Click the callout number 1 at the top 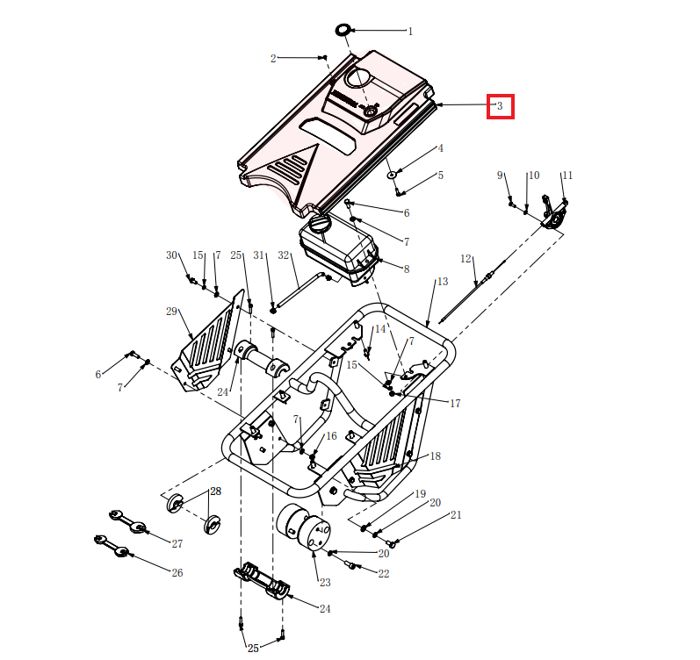pyautogui.click(x=410, y=32)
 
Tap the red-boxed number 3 pyautogui.click(x=500, y=107)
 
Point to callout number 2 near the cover pyautogui.click(x=273, y=59)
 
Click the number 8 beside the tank pyautogui.click(x=407, y=269)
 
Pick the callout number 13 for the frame pyautogui.click(x=442, y=282)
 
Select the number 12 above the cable pyautogui.click(x=466, y=259)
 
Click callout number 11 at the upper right pyautogui.click(x=566, y=176)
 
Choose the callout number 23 pyautogui.click(x=325, y=583)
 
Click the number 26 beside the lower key pyautogui.click(x=177, y=573)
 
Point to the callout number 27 pyautogui.click(x=177, y=544)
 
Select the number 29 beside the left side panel pyautogui.click(x=171, y=312)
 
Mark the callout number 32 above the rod pyautogui.click(x=283, y=255)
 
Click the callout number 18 pyautogui.click(x=435, y=456)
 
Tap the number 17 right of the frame pyautogui.click(x=455, y=405)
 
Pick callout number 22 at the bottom pyautogui.click(x=383, y=574)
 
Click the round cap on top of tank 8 pyautogui.click(x=319, y=226)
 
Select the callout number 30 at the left pyautogui.click(x=171, y=255)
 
